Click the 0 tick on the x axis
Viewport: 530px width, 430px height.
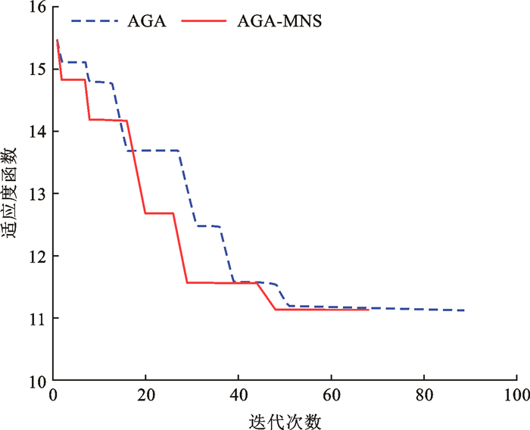[x=52, y=395]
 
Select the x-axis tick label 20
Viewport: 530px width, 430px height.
[x=145, y=395]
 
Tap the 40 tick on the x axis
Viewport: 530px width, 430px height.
[x=238, y=395]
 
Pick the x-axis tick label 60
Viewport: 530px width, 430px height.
[x=331, y=395]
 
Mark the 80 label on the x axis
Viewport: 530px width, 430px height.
[x=423, y=395]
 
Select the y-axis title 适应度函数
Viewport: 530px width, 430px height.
[x=11, y=194]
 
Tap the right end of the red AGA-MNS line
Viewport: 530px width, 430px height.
[x=368, y=310]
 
